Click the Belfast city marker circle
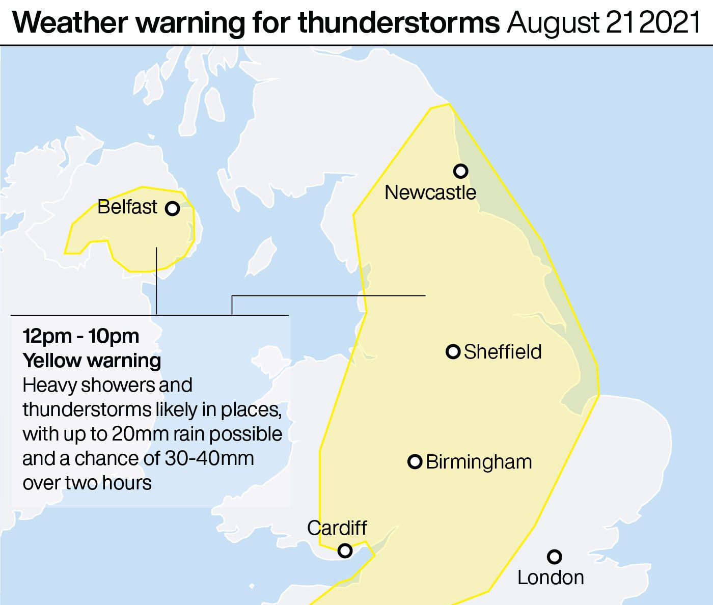173,209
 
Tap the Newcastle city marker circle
460,171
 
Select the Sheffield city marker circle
453,352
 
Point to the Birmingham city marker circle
415,462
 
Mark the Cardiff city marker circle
345,551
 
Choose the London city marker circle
555,557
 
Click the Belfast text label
127,207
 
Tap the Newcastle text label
430,193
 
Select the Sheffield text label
503,352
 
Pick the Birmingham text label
479,462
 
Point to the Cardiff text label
337,528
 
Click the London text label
551,577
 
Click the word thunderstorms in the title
398,23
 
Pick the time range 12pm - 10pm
80,336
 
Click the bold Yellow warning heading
92,361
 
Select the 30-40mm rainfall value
209,458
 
